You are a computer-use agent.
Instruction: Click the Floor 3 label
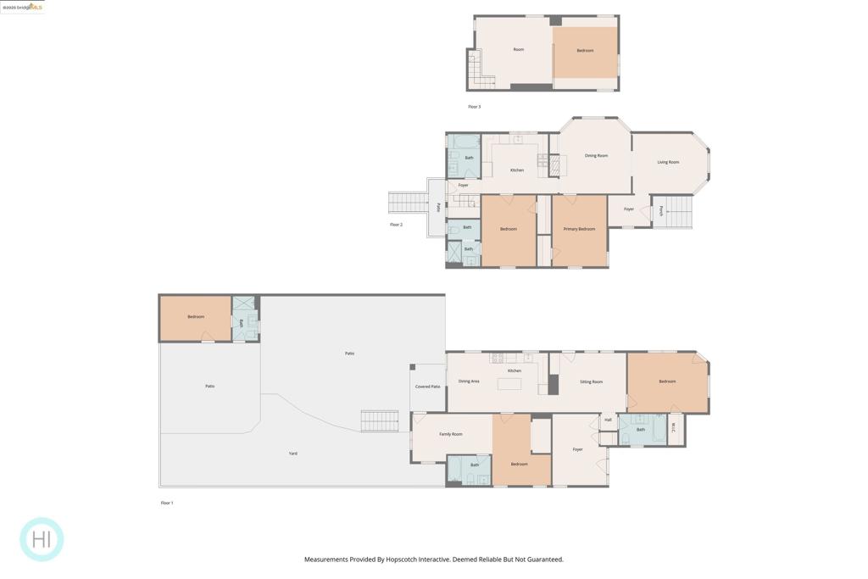point(474,107)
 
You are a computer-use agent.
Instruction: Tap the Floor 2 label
point(396,225)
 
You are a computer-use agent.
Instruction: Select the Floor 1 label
point(167,503)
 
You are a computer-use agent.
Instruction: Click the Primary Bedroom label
point(579,229)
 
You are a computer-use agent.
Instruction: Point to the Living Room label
point(668,162)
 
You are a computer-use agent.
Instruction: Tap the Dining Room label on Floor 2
point(596,156)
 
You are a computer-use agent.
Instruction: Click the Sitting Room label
point(591,381)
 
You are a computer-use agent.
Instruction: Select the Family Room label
point(451,434)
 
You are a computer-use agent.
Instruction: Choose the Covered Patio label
point(427,387)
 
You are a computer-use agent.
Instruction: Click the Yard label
point(292,454)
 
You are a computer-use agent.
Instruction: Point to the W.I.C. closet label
point(674,427)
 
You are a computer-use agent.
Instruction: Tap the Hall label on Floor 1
point(608,420)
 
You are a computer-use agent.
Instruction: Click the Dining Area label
point(469,381)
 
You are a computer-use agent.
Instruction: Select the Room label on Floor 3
point(518,49)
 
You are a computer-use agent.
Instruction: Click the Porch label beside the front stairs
point(660,211)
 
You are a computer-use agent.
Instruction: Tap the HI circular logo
point(42,539)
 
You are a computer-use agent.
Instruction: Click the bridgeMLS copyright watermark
point(23,7)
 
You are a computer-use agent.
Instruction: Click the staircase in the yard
point(379,420)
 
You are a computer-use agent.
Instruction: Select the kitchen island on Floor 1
point(509,384)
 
